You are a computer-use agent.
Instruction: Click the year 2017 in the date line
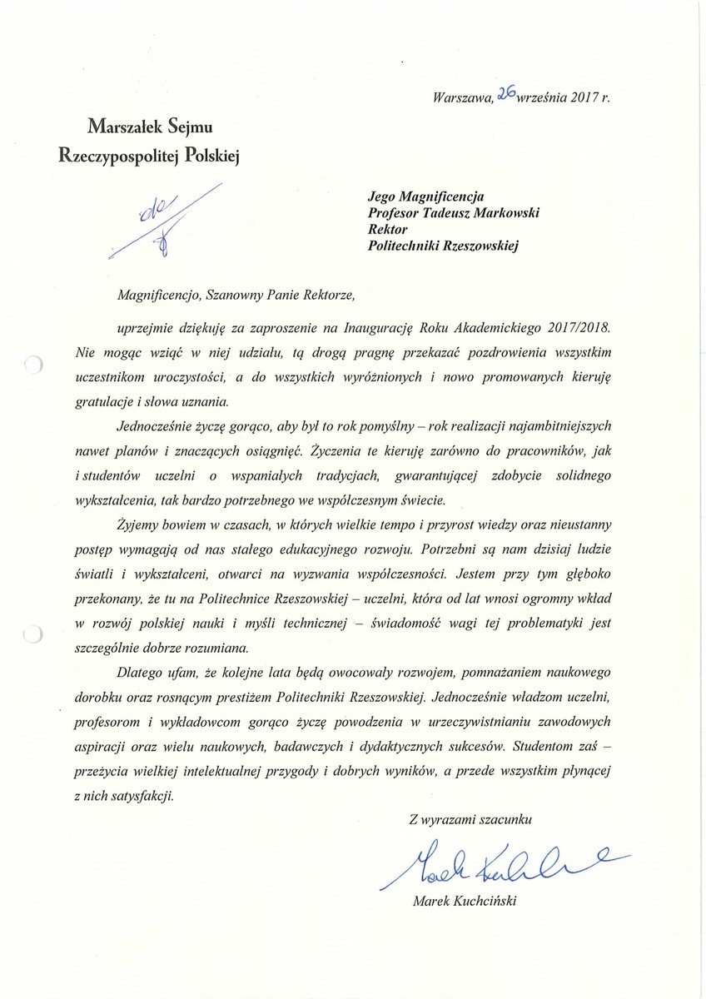point(583,97)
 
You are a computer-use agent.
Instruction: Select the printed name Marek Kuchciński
point(464,902)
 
